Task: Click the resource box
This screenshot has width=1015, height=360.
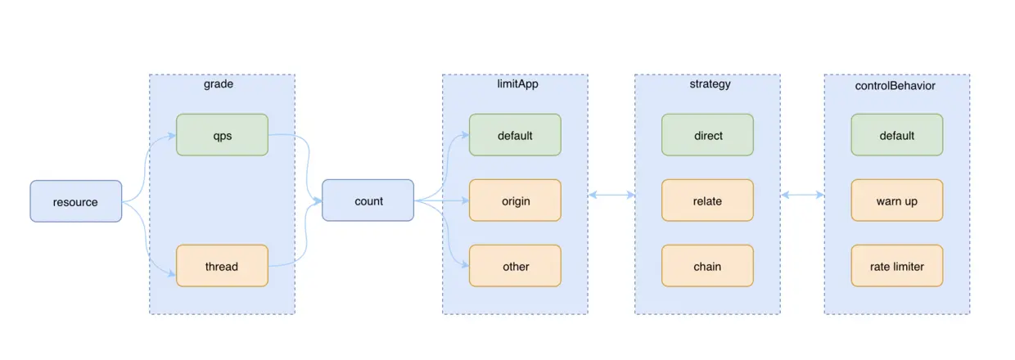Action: (75, 201)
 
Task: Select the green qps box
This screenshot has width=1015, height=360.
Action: (222, 135)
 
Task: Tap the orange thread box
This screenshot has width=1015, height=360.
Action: (222, 266)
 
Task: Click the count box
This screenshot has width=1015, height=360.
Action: (368, 200)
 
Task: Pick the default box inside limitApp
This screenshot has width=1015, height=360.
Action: (515, 135)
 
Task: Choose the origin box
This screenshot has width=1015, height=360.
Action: (515, 200)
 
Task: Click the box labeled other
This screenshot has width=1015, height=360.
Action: (515, 266)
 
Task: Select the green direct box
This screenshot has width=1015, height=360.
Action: (707, 135)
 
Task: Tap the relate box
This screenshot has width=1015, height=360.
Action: (707, 200)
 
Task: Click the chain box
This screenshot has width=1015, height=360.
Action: (707, 266)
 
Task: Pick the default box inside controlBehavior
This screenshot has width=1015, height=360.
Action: (896, 135)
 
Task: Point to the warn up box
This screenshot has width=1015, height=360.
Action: (896, 200)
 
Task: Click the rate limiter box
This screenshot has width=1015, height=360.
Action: (896, 266)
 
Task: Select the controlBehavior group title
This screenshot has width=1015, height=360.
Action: (896, 84)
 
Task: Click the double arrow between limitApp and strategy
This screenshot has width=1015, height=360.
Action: (611, 195)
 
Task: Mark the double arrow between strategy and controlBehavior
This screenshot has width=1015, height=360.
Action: (802, 195)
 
